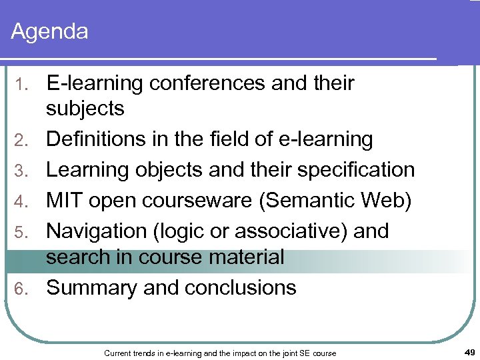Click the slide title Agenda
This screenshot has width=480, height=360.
pos(50,31)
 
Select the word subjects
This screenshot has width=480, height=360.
pos(85,109)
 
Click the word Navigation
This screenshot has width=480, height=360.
pos(97,231)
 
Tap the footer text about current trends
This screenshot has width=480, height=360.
pos(220,353)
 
